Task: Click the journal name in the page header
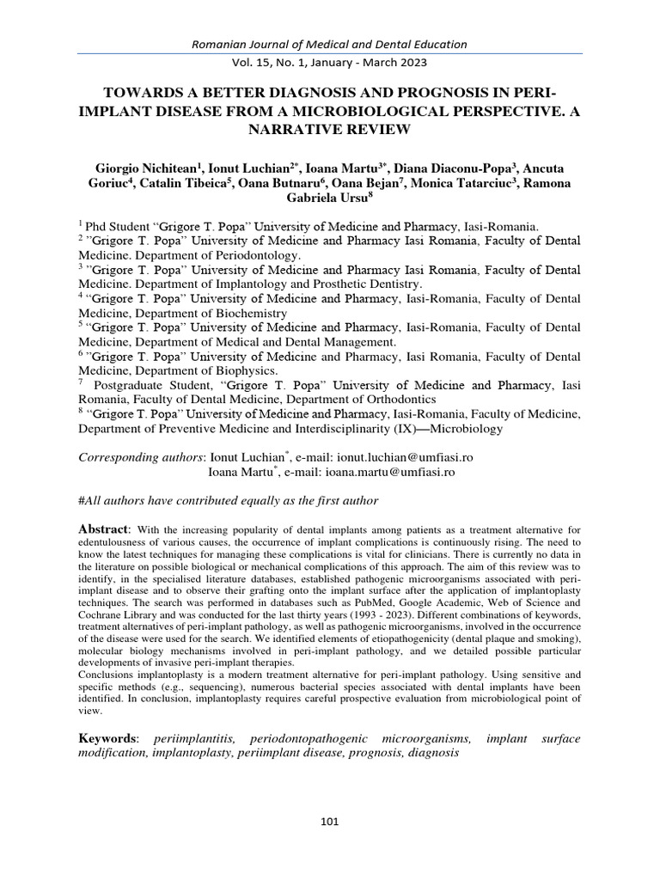click(330, 44)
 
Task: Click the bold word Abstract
click(103, 529)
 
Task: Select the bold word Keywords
click(107, 738)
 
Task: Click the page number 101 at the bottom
click(330, 822)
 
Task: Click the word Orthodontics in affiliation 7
click(394, 400)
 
